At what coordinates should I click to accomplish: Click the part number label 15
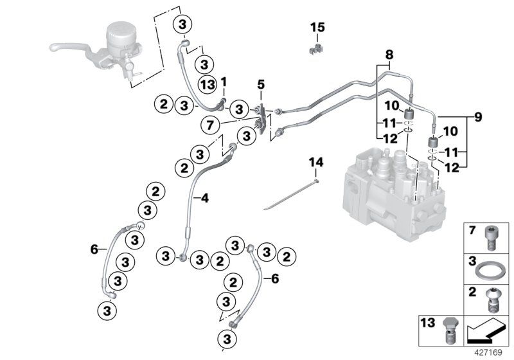pos(318,28)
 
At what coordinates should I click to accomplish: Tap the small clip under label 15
pos(315,49)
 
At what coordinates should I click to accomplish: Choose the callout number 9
pos(479,117)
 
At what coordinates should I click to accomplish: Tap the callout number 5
pos(260,84)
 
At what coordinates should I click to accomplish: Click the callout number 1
pos(224,82)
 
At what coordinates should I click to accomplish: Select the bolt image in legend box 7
pos(495,237)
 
